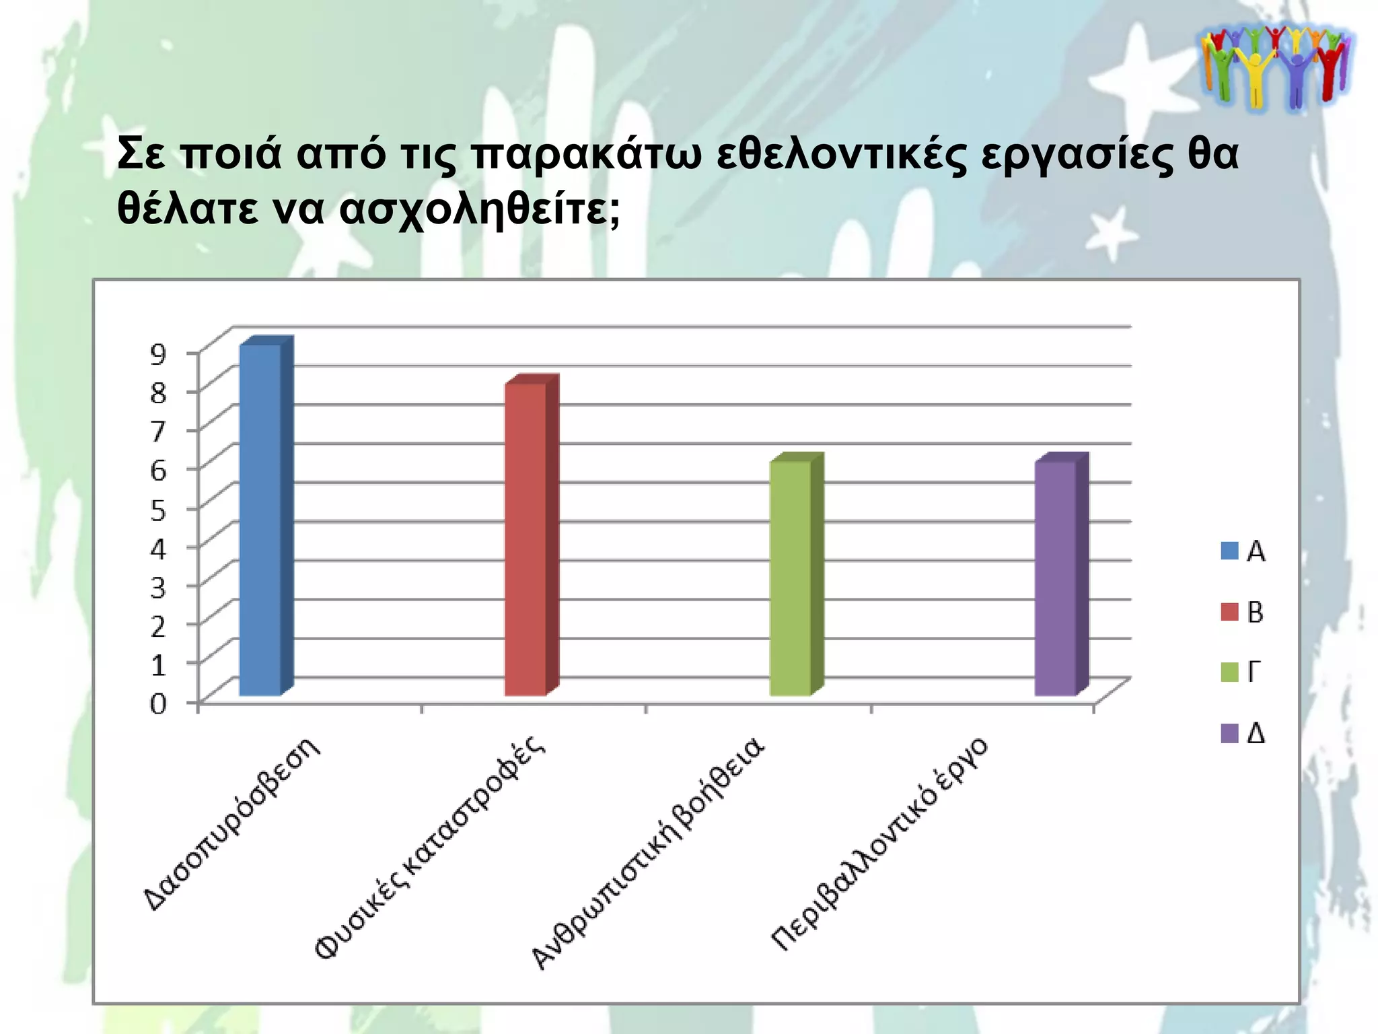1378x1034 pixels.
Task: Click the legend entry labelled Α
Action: coord(1243,551)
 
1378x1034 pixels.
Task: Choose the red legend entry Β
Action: coord(1243,613)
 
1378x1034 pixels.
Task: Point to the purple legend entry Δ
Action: coord(1243,733)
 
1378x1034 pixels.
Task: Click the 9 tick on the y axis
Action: coord(158,353)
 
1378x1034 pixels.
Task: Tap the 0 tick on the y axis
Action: coord(158,704)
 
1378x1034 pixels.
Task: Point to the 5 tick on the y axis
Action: coord(158,510)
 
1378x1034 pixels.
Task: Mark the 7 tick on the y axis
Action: coord(158,431)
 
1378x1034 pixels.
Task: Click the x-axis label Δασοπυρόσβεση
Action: coord(233,824)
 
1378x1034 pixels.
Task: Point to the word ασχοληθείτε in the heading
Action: coord(479,210)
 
